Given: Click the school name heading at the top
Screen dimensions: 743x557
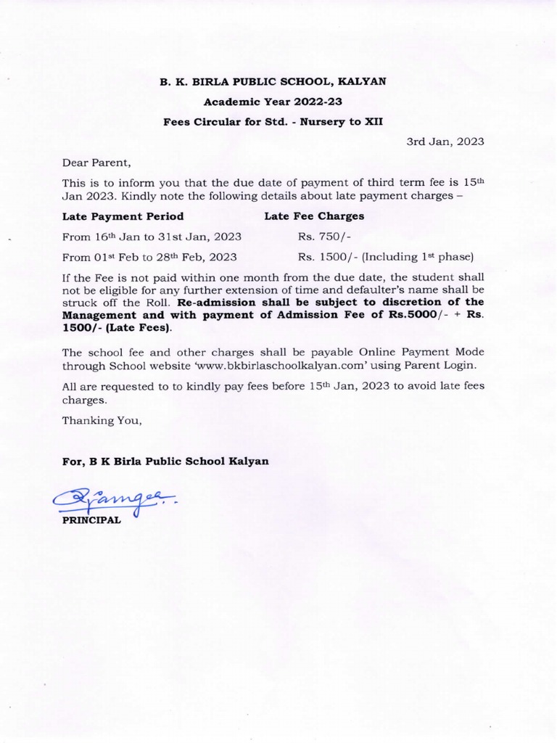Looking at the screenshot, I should pos(272,82).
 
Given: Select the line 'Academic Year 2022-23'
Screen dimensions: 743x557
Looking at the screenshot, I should pos(272,102).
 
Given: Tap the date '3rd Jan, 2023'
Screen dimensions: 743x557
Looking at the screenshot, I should pos(445,141).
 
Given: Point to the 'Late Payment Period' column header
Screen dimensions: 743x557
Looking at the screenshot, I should pos(123,216).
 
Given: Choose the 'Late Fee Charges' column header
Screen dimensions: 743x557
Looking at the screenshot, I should pos(314,216).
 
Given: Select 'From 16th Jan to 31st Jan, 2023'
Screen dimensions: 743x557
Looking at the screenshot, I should pos(152,237).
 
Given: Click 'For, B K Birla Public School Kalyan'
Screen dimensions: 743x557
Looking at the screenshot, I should pos(165,461).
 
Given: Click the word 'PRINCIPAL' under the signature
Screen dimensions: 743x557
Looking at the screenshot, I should pos(91,520).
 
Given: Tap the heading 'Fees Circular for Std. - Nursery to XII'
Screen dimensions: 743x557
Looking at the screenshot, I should pos(272,121).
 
